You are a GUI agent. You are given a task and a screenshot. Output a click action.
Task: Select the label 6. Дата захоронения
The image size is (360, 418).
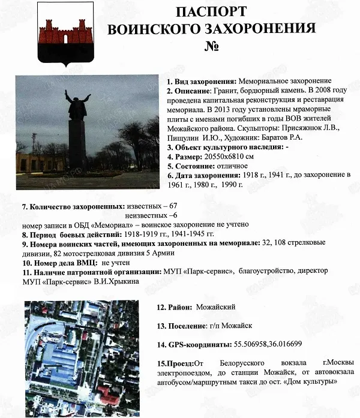coord(203,175)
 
